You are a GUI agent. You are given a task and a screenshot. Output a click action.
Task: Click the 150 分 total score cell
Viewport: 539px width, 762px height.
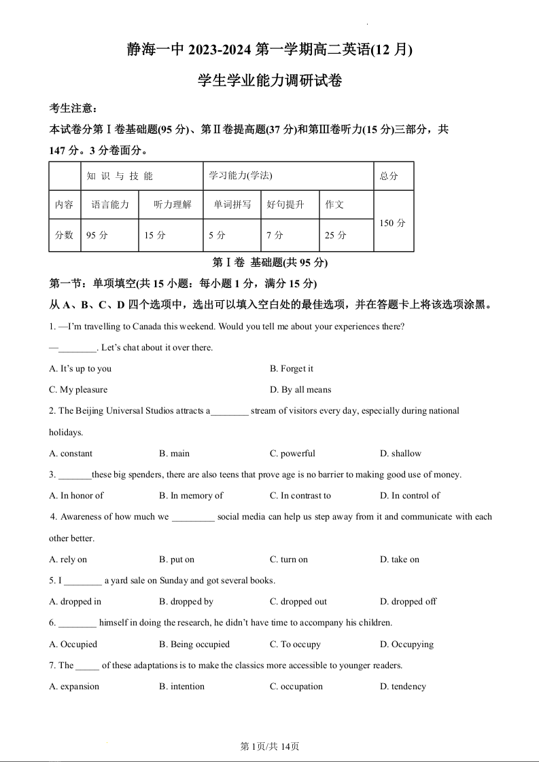pos(393,223)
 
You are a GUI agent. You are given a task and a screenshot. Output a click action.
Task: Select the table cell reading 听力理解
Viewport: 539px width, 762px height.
pos(173,204)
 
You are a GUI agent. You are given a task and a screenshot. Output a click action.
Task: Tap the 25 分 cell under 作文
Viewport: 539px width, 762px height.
pos(335,235)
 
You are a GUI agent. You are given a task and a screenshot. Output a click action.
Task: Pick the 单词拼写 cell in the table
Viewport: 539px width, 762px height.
pos(232,204)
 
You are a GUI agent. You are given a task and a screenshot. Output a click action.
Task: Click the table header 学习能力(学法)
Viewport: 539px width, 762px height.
pos(241,176)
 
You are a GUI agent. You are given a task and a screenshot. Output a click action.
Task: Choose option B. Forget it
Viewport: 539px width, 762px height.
pos(292,369)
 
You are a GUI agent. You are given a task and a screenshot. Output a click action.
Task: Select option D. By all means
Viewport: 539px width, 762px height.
pos(300,390)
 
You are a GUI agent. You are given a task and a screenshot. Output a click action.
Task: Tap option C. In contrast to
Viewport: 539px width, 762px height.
pos(300,496)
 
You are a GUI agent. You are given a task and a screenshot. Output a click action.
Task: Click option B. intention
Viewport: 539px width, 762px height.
pos(181,687)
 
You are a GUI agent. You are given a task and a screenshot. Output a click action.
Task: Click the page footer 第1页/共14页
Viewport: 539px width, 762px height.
pos(270,746)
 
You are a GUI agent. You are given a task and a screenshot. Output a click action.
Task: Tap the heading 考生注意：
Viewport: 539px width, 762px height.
pos(73,109)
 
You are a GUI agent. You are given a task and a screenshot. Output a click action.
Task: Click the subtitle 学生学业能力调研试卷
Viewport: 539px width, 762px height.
pos(269,81)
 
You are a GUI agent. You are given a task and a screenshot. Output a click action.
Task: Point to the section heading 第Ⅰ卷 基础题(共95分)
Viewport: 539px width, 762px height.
pos(270,263)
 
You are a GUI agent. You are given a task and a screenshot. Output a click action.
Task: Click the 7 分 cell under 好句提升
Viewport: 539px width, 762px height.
pos(275,235)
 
